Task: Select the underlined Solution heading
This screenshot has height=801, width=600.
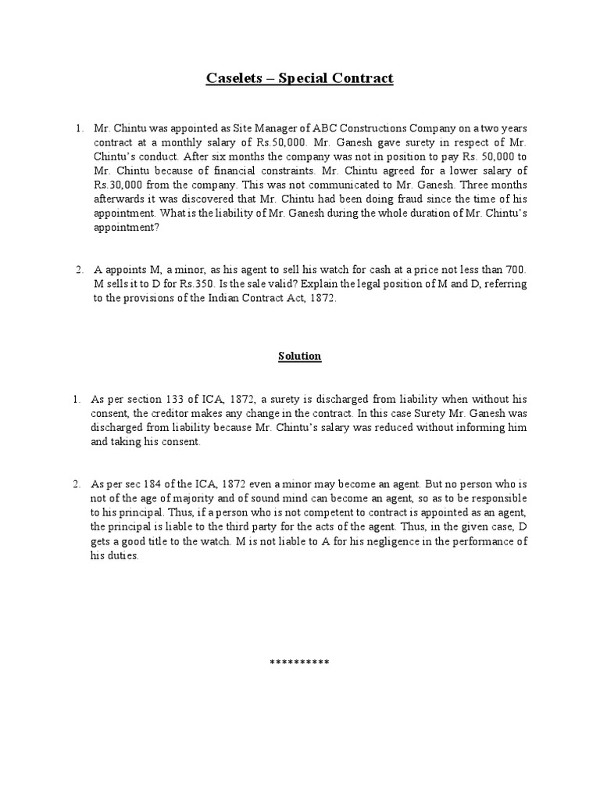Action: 300,356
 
